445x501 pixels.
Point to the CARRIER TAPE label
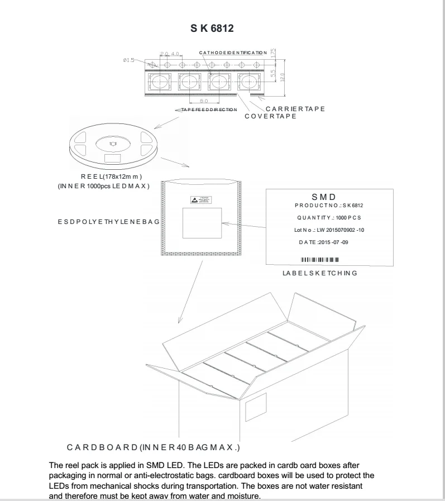pyautogui.click(x=295, y=108)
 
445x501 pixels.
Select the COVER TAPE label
pyautogui.click(x=270, y=116)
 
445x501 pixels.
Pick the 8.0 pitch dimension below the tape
pyautogui.click(x=203, y=101)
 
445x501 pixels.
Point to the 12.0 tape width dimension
pyautogui.click(x=283, y=76)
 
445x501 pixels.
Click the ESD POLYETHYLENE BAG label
pyautogui.click(x=109, y=222)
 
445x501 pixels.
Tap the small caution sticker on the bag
pyautogui.click(x=200, y=199)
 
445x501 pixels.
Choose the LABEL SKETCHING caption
pyautogui.click(x=320, y=274)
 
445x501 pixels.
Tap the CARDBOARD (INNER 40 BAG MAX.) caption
pyautogui.click(x=154, y=447)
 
